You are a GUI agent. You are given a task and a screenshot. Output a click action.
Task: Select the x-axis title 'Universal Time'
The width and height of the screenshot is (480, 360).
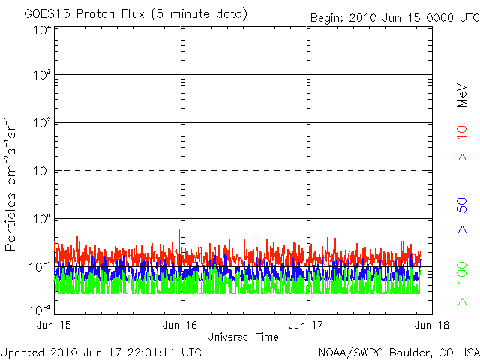tap(242, 337)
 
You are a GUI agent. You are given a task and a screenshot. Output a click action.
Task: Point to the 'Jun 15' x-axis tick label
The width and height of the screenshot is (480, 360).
tap(55, 325)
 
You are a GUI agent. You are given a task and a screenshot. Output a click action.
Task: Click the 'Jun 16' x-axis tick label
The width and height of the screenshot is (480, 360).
tap(179, 325)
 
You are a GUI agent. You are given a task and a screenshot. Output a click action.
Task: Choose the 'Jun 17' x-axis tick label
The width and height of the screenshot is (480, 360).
tap(306, 325)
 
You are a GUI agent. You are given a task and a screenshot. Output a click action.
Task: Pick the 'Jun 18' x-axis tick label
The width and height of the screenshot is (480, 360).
tap(431, 325)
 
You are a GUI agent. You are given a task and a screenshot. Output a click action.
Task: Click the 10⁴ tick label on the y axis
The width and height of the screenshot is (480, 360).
tap(41, 29)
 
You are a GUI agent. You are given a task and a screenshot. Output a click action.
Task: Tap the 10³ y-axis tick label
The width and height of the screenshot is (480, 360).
tap(41, 76)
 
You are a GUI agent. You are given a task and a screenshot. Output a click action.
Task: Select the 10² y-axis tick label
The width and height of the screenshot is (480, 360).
tap(41, 123)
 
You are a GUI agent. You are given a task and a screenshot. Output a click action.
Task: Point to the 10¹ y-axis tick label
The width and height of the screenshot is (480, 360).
tap(41, 171)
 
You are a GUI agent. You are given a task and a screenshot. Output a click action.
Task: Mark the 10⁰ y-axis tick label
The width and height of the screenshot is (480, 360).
tap(41, 219)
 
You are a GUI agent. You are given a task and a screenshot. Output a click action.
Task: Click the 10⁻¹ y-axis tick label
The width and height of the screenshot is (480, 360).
tap(40, 266)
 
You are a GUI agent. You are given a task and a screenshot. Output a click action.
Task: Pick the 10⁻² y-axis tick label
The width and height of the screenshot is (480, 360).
tap(40, 309)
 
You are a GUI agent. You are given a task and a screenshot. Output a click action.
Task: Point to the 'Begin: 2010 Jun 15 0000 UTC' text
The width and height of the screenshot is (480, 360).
tap(394, 17)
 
